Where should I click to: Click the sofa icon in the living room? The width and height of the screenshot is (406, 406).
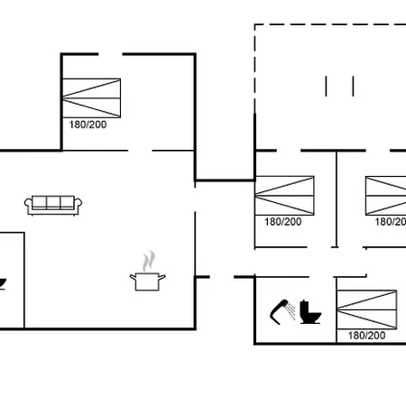coord(53,206)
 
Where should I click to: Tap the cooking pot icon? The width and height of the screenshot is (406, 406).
coord(147,281)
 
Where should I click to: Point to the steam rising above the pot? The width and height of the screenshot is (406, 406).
coord(149,261)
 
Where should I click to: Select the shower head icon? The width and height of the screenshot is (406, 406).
coord(282,312)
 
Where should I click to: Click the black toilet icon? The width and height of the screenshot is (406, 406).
coord(310,312)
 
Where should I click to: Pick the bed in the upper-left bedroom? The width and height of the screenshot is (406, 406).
coord(91,98)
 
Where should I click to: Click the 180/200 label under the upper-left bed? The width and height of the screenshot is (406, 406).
coord(88,125)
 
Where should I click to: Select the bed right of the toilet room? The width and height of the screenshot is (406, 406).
coord(366,309)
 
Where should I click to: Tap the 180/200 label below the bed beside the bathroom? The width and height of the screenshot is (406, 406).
coord(366,336)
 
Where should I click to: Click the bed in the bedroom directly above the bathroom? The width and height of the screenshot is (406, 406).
coord(284,196)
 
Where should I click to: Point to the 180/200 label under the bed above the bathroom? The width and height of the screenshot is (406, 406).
coord(282,222)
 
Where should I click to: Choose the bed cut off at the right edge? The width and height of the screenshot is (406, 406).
coord(386,196)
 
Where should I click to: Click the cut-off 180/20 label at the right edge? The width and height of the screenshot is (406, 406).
coord(391,222)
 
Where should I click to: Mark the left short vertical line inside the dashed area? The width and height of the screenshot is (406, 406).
coord(326,87)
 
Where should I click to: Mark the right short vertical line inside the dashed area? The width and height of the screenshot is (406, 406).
coord(353,87)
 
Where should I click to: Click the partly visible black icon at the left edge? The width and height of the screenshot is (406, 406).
coord(3,284)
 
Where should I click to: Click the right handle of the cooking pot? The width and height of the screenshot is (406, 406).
coord(161,277)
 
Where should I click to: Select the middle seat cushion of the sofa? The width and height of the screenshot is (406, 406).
coord(53,202)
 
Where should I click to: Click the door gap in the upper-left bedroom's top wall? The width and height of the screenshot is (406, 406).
coord(110,54)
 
